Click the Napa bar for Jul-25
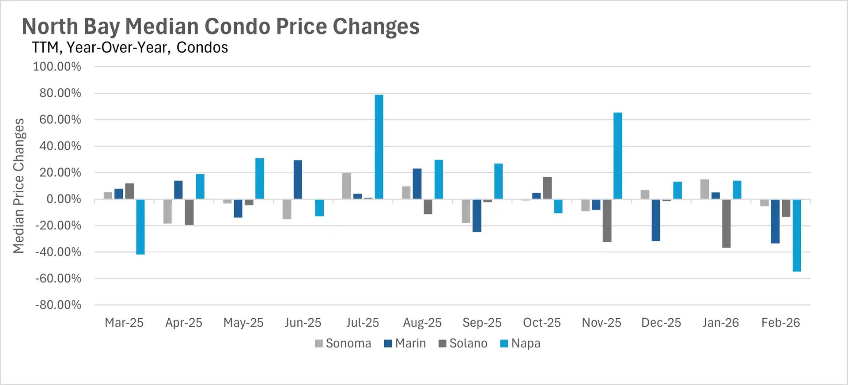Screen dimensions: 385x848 tap(379, 147)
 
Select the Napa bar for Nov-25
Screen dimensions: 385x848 tap(617, 156)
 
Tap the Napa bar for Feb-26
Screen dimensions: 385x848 tap(797, 235)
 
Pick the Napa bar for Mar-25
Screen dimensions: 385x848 tap(140, 227)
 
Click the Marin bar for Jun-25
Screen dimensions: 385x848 tap(298, 179)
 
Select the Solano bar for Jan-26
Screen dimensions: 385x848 tap(726, 223)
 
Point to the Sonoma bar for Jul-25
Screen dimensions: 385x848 tap(347, 186)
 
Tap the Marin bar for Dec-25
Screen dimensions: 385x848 tap(656, 220)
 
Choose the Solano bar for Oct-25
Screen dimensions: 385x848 tap(547, 188)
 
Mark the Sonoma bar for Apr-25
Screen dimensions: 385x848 tap(167, 211)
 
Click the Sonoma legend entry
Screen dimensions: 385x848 tap(343, 343)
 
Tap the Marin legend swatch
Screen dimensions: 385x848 tap(388, 343)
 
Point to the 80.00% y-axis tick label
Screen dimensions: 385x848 tap(60, 93)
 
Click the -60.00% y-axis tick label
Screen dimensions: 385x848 tap(58, 278)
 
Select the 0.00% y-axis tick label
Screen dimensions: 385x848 tap(64, 199)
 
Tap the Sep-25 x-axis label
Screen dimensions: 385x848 tap(482, 323)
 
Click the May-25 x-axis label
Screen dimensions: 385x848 tap(243, 323)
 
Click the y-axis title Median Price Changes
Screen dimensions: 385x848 tap(19, 186)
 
